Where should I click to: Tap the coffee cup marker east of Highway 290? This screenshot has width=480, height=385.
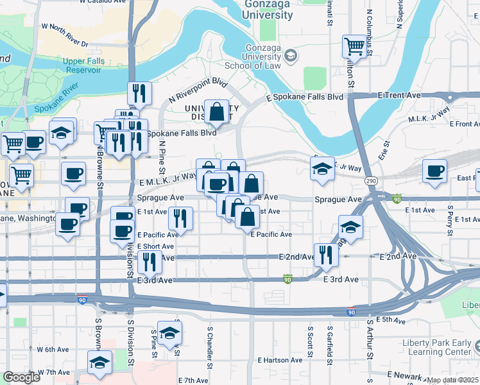pyautogui.click(x=435, y=171)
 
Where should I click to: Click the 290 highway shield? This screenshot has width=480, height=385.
pyautogui.click(x=371, y=182)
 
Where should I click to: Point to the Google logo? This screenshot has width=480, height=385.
pyautogui.click(x=21, y=377)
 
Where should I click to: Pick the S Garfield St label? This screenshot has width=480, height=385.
pyautogui.click(x=328, y=341)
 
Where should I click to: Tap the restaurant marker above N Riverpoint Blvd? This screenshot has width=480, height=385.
pyautogui.click(x=139, y=93)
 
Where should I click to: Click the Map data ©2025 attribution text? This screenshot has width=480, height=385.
pyautogui.click(x=452, y=380)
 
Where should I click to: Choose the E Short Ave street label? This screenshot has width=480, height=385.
pyautogui.click(x=155, y=246)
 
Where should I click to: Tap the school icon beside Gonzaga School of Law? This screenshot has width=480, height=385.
pyautogui.click(x=291, y=56)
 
